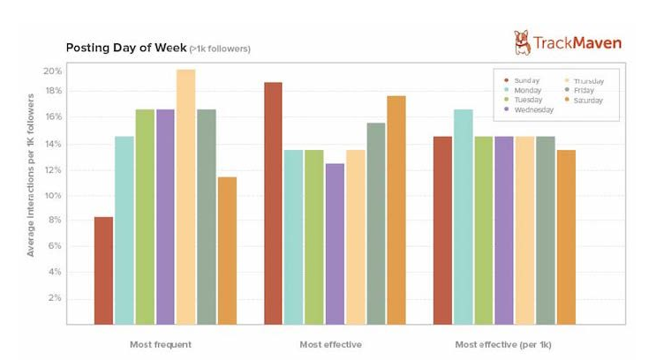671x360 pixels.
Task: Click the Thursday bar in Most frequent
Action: (x=185, y=197)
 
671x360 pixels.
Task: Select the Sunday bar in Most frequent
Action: (x=103, y=270)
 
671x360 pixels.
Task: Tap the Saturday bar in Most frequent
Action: (x=227, y=251)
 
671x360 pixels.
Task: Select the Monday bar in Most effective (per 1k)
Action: (x=464, y=216)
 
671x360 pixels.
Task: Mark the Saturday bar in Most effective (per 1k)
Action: (x=566, y=236)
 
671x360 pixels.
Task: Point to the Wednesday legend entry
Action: (x=532, y=110)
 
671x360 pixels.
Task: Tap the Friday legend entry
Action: (x=582, y=90)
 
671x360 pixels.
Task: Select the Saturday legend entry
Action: (x=585, y=100)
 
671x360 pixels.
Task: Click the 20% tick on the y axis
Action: (x=52, y=71)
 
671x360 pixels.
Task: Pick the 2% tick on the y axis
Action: (x=55, y=298)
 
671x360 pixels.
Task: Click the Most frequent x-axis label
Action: (x=160, y=344)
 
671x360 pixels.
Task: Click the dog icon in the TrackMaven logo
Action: (x=522, y=41)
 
